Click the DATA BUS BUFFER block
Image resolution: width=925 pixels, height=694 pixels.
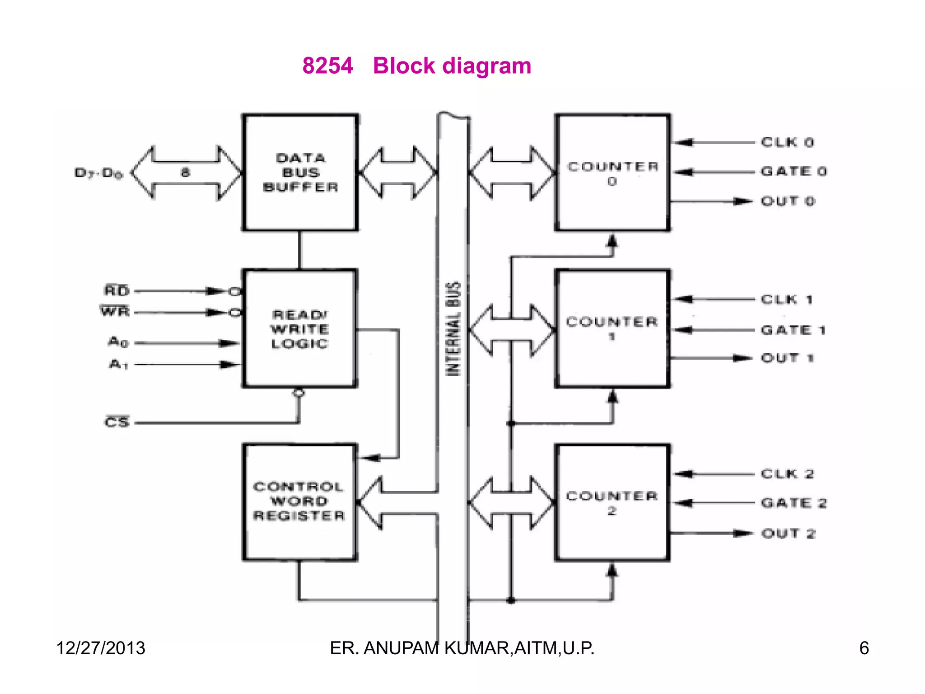[300, 173]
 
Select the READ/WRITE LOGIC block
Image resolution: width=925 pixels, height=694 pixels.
[300, 329]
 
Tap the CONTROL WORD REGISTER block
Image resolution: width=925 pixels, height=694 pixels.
[299, 502]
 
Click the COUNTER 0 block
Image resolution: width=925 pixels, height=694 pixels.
[612, 173]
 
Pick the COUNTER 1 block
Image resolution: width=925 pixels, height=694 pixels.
[612, 328]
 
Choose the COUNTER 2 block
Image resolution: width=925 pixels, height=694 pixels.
[612, 502]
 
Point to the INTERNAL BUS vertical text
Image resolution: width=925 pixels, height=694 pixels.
[453, 328]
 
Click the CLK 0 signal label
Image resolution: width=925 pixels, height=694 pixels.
[787, 142]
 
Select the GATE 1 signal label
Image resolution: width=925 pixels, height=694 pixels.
[793, 330]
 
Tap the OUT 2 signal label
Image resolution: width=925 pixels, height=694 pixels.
[788, 534]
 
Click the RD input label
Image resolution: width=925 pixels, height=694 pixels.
[117, 291]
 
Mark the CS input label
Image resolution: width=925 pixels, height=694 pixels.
[117, 422]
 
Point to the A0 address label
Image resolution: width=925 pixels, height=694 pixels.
[118, 342]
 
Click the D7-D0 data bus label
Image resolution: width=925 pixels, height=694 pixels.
[98, 173]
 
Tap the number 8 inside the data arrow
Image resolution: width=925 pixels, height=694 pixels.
[185, 172]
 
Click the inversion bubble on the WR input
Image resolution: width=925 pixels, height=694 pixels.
[235, 312]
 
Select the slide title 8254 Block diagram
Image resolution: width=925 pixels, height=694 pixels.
[416, 66]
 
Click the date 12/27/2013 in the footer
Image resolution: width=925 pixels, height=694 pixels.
[101, 648]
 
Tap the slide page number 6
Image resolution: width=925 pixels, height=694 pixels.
[864, 648]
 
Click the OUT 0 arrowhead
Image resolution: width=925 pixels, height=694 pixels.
[742, 202]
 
